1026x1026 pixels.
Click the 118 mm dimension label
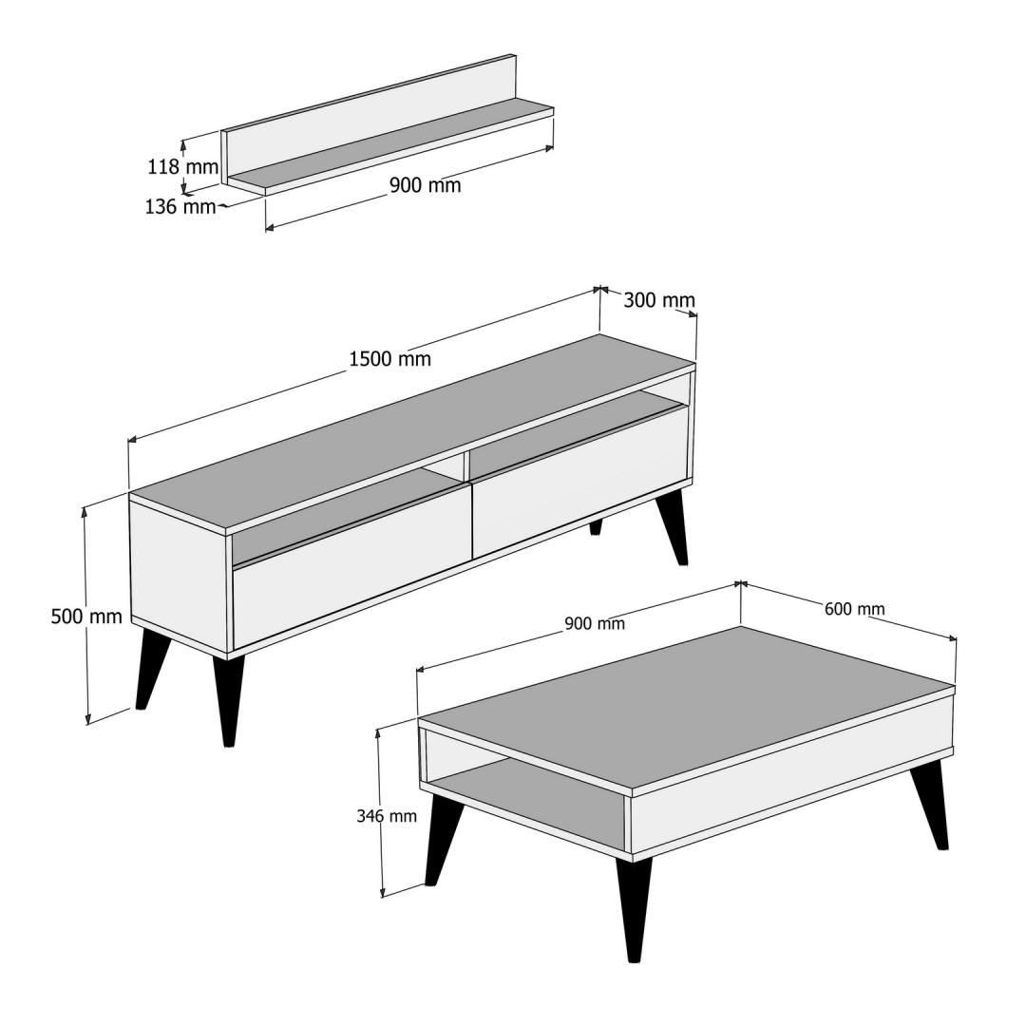pos(182,167)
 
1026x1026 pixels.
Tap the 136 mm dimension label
pos(180,207)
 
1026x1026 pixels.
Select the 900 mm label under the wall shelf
pos(426,185)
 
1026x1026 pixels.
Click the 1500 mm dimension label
pos(390,358)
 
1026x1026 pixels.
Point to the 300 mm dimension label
pos(659,300)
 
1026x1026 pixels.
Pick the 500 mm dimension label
pos(86,617)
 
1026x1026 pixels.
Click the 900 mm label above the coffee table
pos(595,623)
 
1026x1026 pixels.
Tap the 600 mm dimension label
pos(855,609)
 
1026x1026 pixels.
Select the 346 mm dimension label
pos(386,816)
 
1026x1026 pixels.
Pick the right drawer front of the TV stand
pos(580,481)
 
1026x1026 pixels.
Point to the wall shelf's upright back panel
pos(369,117)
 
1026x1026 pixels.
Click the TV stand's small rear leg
pos(596,527)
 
